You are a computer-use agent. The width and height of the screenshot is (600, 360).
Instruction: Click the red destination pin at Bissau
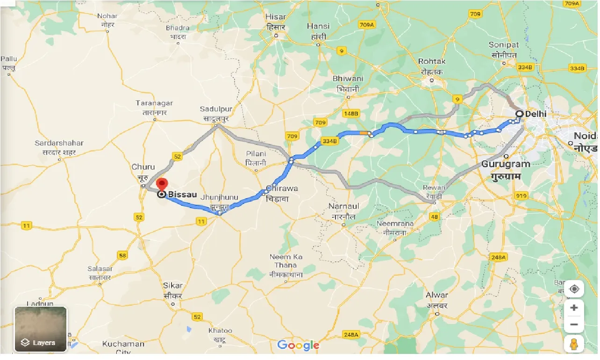pyautogui.click(x=162, y=184)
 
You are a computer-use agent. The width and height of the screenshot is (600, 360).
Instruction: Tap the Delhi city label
pyautogui.click(x=535, y=114)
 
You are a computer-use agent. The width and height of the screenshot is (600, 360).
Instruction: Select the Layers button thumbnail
pyautogui.click(x=41, y=329)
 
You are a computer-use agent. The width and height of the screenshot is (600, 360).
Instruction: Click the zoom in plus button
pyautogui.click(x=574, y=308)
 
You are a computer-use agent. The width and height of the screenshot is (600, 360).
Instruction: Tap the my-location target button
pyautogui.click(x=574, y=289)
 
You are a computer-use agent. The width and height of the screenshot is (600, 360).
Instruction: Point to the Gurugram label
pyautogui.click(x=506, y=164)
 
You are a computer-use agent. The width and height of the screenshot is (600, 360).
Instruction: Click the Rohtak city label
pyautogui.click(x=432, y=61)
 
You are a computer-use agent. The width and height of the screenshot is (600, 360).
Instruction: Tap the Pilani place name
pyautogui.click(x=256, y=154)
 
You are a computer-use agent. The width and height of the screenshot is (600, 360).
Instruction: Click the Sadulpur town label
pyautogui.click(x=216, y=109)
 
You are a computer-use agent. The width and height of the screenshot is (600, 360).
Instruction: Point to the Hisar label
pyautogui.click(x=275, y=17)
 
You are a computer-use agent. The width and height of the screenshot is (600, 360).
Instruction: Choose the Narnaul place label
pyautogui.click(x=343, y=206)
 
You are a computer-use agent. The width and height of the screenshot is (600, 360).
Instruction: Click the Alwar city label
pyautogui.click(x=436, y=295)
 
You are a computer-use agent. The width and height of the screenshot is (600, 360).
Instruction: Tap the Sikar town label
pyautogui.click(x=173, y=286)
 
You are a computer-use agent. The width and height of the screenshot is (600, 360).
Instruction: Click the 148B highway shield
pyautogui.click(x=350, y=114)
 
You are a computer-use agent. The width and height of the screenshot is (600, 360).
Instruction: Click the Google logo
pyautogui.click(x=298, y=346)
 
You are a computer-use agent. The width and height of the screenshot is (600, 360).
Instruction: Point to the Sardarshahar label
pyautogui.click(x=59, y=143)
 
